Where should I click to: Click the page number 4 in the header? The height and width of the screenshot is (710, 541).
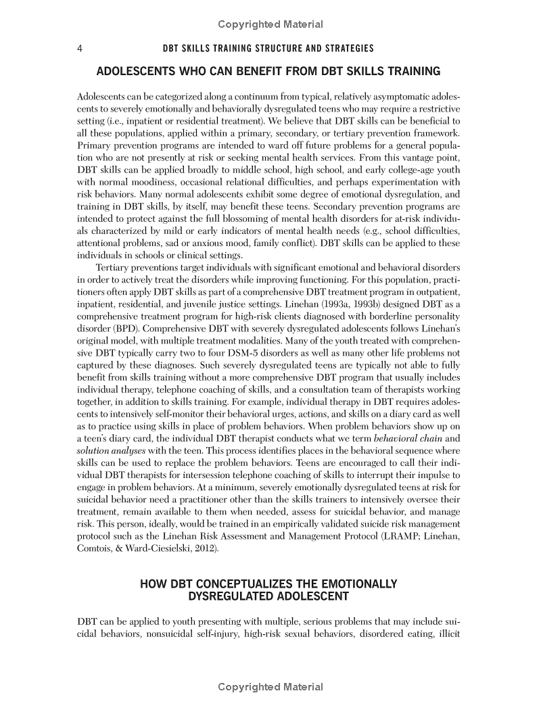[x=80, y=49]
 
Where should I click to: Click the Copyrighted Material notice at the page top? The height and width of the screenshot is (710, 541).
[x=270, y=24]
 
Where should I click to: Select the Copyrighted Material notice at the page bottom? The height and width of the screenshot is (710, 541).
[x=270, y=687]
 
